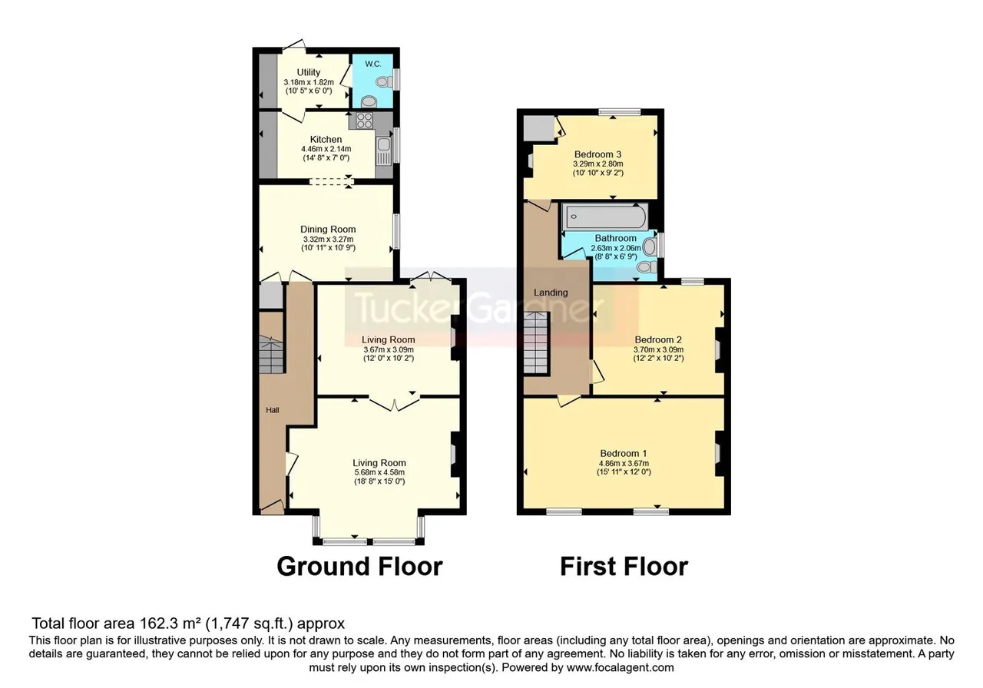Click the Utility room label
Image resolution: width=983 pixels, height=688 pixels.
click(309, 72)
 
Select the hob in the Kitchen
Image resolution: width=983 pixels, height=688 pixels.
click(364, 121)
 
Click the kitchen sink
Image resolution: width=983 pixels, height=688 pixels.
click(383, 150)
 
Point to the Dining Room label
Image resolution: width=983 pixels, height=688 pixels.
click(328, 230)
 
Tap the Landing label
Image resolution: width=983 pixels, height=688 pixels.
click(551, 293)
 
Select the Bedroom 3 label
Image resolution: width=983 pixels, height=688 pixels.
click(597, 154)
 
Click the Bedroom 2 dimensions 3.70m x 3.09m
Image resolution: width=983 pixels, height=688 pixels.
click(658, 349)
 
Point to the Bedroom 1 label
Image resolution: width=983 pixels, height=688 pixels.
click(624, 453)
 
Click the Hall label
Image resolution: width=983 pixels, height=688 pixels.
click(272, 410)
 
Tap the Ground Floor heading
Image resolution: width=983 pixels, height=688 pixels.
click(359, 567)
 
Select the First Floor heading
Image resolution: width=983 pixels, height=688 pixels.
click(624, 567)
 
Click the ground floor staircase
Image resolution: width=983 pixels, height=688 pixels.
click(271, 354)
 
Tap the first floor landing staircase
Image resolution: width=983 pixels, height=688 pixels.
click(536, 342)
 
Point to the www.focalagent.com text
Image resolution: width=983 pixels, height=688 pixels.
click(620, 668)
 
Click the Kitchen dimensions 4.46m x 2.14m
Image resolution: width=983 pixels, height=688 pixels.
click(326, 149)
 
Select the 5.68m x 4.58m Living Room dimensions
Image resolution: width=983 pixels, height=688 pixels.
click(379, 472)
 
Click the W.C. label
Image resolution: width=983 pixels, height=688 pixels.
click(373, 64)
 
